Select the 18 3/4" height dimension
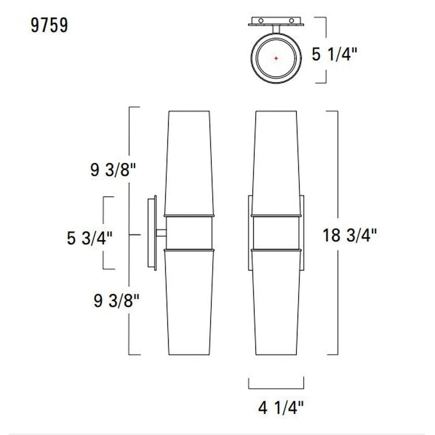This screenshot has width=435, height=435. [x=350, y=235]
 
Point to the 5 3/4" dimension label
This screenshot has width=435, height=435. [x=90, y=238]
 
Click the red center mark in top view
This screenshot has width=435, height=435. [x=276, y=58]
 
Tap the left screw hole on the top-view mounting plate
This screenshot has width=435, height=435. [x=261, y=20]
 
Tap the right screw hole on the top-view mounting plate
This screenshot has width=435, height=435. [x=291, y=20]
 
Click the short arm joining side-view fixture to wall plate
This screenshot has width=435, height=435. [x=161, y=233]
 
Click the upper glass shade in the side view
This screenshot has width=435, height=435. [x=189, y=163]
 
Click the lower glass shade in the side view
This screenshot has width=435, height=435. [x=189, y=301]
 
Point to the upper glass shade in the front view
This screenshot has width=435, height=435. [x=276, y=163]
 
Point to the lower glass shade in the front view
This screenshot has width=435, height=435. [x=276, y=301]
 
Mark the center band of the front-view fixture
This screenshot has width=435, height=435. [x=276, y=233]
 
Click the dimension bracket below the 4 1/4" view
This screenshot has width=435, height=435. [x=276, y=388]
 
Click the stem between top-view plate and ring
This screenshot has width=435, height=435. [x=276, y=29]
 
